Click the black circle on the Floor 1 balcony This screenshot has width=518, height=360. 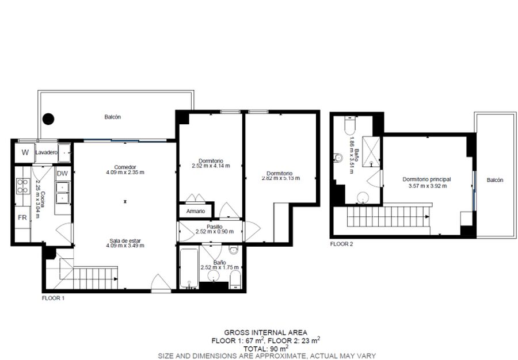coord(48,119)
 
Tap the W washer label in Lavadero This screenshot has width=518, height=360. coord(25,152)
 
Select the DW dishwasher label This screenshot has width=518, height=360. coord(62,174)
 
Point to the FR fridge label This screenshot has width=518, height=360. coord(22,217)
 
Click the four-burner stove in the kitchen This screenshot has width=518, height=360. coord(22,186)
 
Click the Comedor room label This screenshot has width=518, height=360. coord(125,167)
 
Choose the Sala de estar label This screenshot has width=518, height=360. coord(125,240)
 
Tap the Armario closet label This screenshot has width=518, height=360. coord(196,211)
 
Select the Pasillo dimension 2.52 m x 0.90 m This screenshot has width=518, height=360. coord(215,232)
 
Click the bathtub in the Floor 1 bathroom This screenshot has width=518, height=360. coord(189,268)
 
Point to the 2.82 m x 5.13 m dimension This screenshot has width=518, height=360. coord(281,178)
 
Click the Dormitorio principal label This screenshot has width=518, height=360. coord(427,179)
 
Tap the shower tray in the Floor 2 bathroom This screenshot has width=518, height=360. coord(371,151)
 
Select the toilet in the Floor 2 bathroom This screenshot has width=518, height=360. coord(349,124)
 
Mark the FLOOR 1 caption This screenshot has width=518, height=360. coord(53,298)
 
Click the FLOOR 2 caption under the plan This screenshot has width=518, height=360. coord(341,244)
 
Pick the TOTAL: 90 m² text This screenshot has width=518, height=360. coord(266,348)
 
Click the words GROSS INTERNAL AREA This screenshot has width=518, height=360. coord(265,332)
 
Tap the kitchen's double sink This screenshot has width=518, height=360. coord(63,193)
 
